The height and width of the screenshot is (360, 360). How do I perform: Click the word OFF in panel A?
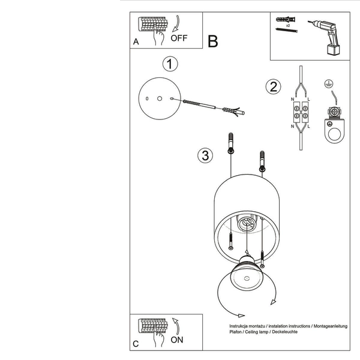pyautogui.click(x=179, y=38)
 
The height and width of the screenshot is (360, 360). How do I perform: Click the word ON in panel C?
pyautogui.click(x=178, y=339)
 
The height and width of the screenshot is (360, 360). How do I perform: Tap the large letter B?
pyautogui.click(x=213, y=41)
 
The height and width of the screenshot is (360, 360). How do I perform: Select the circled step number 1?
pyautogui.click(x=170, y=65)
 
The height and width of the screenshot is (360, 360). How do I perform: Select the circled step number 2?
pyautogui.click(x=274, y=86)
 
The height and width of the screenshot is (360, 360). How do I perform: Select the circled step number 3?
pyautogui.click(x=205, y=156)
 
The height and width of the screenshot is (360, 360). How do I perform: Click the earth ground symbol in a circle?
pyautogui.click(x=328, y=85)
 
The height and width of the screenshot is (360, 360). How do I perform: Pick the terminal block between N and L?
pyautogui.click(x=300, y=111)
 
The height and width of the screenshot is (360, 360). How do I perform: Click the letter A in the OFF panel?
pyautogui.click(x=136, y=42)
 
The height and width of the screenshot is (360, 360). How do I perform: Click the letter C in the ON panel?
pyautogui.click(x=136, y=344)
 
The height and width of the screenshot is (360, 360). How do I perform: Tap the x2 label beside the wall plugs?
pyautogui.click(x=287, y=27)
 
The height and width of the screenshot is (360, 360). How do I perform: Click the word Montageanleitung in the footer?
pyautogui.click(x=331, y=325)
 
